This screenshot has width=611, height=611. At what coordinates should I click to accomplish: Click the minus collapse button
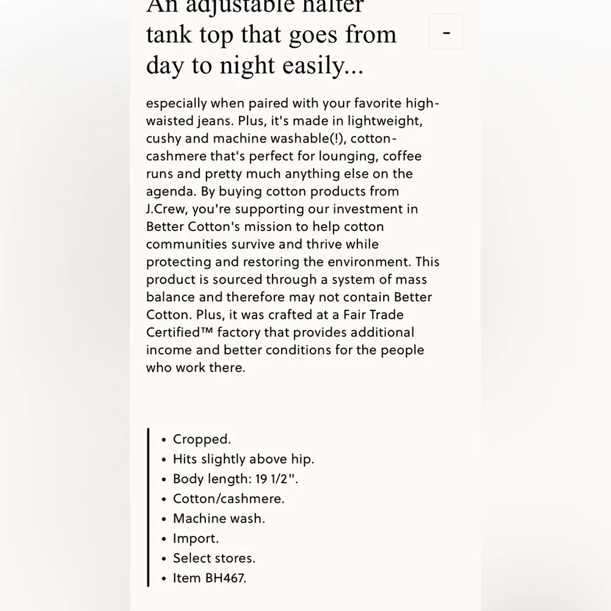tap(446, 32)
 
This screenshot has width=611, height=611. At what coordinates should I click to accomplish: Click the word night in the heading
tap(266, 65)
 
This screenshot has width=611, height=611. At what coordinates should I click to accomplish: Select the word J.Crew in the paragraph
tap(167, 209)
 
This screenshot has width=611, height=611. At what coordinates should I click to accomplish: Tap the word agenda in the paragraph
tap(169, 191)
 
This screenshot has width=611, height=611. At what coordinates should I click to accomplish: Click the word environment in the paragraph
tap(368, 262)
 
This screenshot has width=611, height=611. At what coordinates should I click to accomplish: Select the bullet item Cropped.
tap(202, 439)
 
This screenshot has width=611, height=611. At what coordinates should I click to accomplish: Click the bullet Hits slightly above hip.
tap(243, 459)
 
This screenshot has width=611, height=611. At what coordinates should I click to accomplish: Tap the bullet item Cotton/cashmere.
tap(229, 499)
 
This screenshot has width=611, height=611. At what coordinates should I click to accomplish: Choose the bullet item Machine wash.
tap(219, 519)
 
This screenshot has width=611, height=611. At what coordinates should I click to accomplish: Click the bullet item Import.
tap(196, 538)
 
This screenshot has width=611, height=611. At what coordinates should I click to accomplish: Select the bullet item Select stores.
tap(214, 558)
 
